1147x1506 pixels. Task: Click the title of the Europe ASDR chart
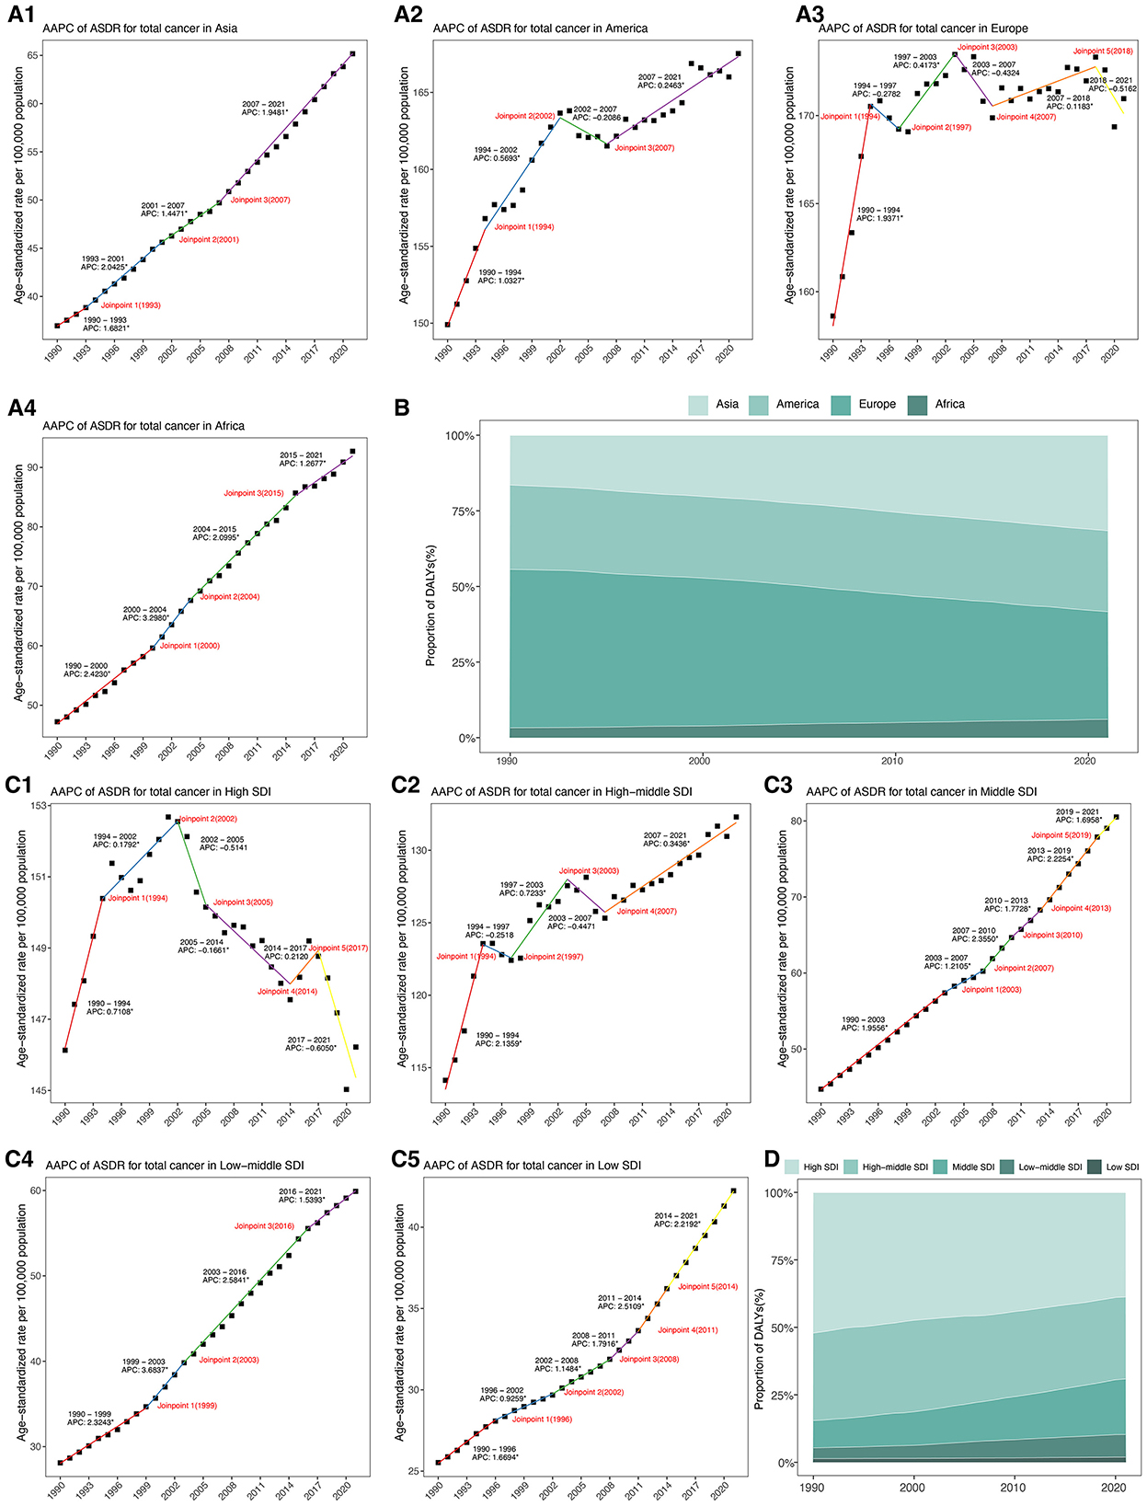923,29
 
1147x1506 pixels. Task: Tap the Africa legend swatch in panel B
920,405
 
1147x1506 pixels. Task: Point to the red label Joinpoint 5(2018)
1103,52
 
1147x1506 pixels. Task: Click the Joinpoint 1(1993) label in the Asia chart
131,305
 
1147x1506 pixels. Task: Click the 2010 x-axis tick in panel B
892,761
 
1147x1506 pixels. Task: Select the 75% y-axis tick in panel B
461,512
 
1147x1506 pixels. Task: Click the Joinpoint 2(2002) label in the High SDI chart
207,819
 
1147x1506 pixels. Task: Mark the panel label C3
777,785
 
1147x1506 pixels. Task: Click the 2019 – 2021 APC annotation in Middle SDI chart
1077,816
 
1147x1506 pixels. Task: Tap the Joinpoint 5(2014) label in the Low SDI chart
707,1287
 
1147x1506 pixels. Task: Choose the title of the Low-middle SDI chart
174,1166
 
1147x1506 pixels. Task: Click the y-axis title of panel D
760,1327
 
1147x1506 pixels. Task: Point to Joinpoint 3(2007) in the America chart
644,148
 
